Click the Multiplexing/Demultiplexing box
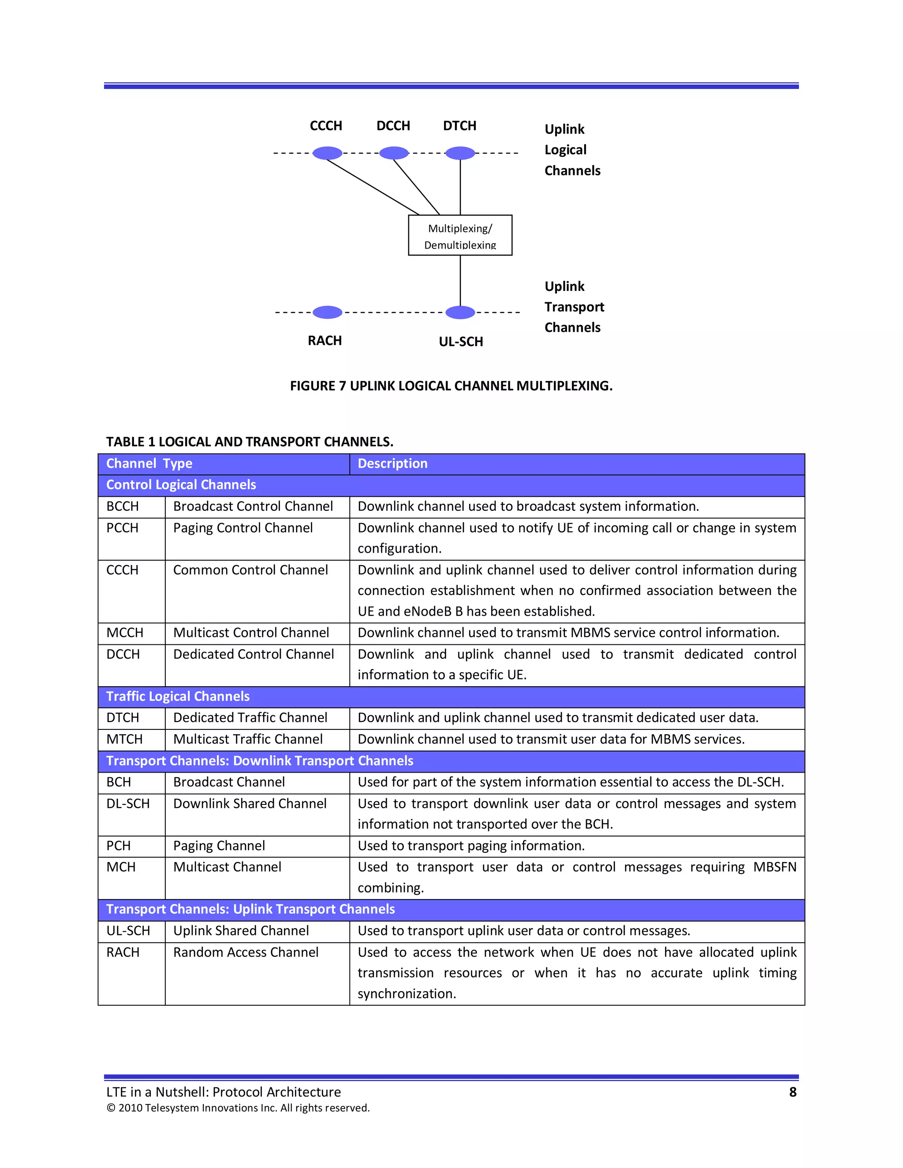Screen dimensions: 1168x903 pos(460,235)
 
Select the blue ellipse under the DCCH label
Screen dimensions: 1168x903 pos(394,153)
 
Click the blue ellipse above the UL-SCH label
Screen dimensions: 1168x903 pos(460,312)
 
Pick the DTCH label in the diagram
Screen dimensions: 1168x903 pos(459,126)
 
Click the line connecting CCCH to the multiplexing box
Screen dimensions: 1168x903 pos(373,186)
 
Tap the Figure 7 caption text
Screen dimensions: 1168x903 pos(451,386)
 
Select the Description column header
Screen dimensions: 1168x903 pos(393,464)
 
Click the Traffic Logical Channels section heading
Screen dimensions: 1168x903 pos(178,696)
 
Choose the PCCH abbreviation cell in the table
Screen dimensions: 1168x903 pos(123,528)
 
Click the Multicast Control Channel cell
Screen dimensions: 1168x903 pos(251,632)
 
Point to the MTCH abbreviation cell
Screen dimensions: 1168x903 pos(125,739)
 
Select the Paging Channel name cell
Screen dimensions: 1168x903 pos(219,845)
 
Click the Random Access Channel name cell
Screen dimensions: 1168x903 pos(246,952)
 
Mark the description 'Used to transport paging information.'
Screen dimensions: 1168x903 pos(471,845)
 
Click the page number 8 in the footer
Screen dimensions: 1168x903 pos(792,1092)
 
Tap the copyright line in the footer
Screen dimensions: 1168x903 pos(238,1108)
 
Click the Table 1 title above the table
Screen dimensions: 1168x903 pos(249,442)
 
